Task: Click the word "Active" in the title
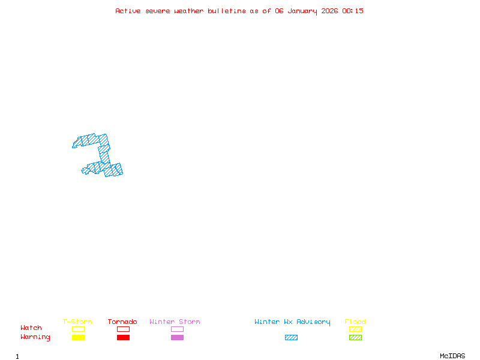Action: point(128,11)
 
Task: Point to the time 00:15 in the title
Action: point(353,11)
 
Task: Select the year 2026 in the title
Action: point(330,11)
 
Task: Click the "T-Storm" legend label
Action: point(77,322)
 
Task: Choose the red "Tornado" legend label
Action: point(122,322)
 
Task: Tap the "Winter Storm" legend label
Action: point(175,322)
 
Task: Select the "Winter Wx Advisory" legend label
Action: point(292,322)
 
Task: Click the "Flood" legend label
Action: point(355,322)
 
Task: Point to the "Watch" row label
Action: point(31,328)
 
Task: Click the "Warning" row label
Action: point(35,337)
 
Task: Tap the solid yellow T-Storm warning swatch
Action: point(78,338)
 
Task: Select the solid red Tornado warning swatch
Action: point(123,338)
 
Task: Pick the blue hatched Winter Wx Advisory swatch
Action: point(291,338)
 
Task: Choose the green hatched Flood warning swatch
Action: point(355,338)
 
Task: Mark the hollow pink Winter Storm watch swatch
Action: point(177,329)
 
